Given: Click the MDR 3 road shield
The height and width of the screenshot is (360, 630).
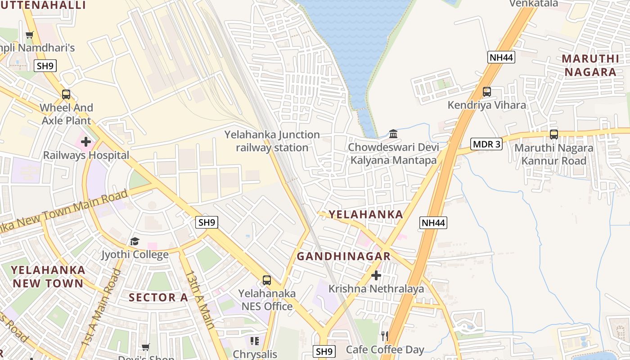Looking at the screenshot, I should (x=486, y=144).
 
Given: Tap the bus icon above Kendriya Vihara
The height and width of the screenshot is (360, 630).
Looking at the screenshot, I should (x=486, y=92).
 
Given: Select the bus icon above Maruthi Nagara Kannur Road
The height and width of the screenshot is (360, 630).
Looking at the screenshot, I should (x=553, y=134).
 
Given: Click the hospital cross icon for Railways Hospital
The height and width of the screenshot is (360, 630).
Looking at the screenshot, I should (x=85, y=142).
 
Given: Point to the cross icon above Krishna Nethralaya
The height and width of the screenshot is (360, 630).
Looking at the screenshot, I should (x=376, y=275).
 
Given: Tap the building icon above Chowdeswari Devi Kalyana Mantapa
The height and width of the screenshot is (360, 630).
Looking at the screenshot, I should (x=393, y=134).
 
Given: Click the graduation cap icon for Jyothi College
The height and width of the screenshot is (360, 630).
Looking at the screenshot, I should (x=135, y=242).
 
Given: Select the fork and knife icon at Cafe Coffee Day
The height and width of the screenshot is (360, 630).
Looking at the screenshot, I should (x=384, y=336).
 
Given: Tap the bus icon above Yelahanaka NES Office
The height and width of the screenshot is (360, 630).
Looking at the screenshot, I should (x=267, y=280).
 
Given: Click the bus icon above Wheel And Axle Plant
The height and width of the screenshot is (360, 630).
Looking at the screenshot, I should (x=66, y=94).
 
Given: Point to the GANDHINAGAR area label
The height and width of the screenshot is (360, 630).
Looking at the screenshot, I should (x=343, y=256).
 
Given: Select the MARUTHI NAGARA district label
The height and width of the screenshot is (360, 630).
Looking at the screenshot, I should (x=590, y=65).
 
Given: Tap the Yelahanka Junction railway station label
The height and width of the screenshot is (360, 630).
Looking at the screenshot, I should (x=272, y=141).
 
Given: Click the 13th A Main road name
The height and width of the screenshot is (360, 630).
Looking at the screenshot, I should (x=200, y=299).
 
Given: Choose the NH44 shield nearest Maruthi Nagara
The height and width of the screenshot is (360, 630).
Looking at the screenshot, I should (x=501, y=57).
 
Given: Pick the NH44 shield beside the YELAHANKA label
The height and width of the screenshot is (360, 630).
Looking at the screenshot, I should (x=433, y=222).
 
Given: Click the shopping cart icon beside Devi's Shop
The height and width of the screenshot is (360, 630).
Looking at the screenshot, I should (x=145, y=347).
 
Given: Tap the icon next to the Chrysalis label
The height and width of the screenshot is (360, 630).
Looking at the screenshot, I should (x=255, y=341).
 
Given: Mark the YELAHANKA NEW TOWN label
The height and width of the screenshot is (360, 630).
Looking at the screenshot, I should (x=48, y=276).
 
